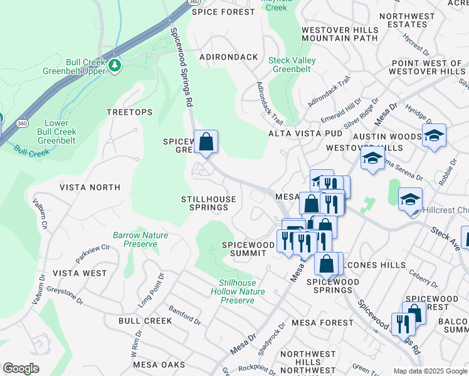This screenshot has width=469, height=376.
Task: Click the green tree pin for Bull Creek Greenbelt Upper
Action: [x=115, y=65]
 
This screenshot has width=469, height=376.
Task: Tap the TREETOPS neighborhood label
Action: [x=129, y=112]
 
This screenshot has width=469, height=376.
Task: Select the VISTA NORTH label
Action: [x=90, y=187]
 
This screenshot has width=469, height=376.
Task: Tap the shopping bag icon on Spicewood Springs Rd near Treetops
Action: [x=206, y=142]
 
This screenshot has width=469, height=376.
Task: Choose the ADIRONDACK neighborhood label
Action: [x=228, y=57]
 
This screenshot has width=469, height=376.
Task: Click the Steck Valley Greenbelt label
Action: [x=292, y=65]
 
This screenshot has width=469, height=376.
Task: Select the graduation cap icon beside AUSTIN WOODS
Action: [x=434, y=136]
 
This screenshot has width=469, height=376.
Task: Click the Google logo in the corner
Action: [x=21, y=368]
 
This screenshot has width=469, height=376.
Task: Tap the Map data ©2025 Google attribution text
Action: [x=430, y=371]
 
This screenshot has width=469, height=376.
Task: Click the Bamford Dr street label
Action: [x=185, y=315]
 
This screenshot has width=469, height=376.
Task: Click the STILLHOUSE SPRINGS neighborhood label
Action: [x=209, y=203]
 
